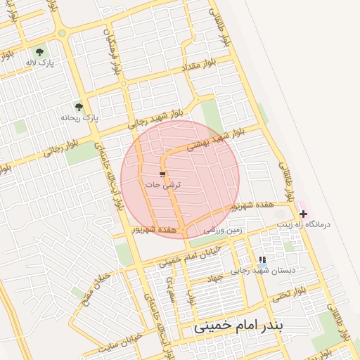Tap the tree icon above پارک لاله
pyautogui.click(x=40, y=51)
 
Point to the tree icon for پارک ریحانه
pyautogui.click(x=79, y=108)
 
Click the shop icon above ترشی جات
pyautogui.click(x=162, y=174)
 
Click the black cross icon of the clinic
pyautogui.click(x=303, y=214)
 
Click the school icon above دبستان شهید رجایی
pyautogui.click(x=263, y=259)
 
